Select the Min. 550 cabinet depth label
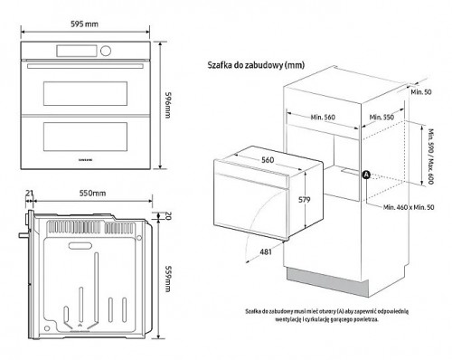(384, 117)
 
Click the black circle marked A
(366, 175)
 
